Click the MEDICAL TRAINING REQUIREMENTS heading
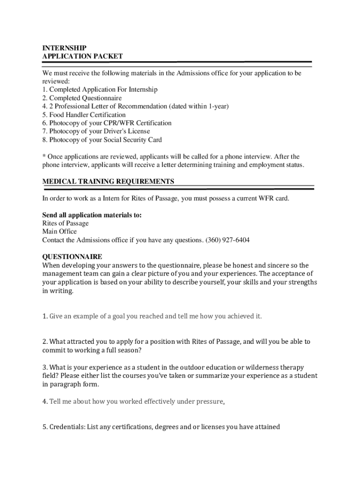[108, 181]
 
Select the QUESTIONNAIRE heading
[72, 257]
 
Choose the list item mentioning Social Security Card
[102, 140]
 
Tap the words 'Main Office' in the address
[59, 232]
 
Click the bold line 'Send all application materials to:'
[92, 215]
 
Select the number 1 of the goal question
[44, 316]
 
